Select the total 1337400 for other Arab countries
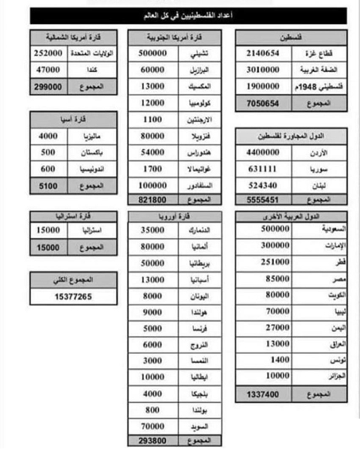point(262,393)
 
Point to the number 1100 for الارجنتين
point(152,119)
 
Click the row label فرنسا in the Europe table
point(193,328)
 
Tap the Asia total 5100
point(48,184)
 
